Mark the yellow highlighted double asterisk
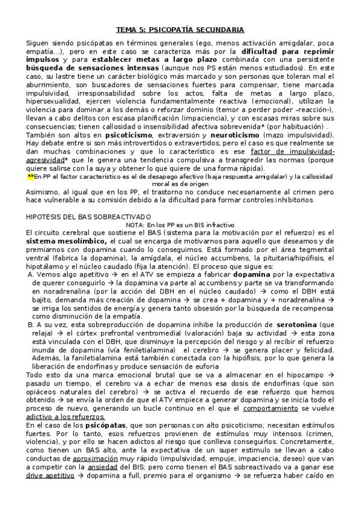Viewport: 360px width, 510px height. click(x=31, y=176)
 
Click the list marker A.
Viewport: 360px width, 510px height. click(x=31, y=274)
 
